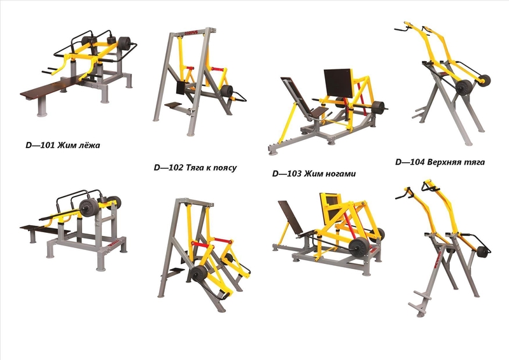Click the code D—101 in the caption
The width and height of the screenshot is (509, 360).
pyautogui.click(x=40, y=145)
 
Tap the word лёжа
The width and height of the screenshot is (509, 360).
pyautogui.click(x=87, y=144)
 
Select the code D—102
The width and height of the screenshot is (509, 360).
pyautogui.click(x=169, y=167)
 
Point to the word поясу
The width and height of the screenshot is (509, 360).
pyautogui.click(x=225, y=168)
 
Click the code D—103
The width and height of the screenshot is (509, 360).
pyautogui.click(x=287, y=174)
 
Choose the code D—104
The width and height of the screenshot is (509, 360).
pyautogui.click(x=410, y=162)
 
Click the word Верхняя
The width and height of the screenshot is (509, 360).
pyautogui.click(x=443, y=162)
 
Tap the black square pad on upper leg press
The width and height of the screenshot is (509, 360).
pyautogui.click(x=338, y=83)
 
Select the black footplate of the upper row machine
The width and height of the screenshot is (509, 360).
pyautogui.click(x=172, y=105)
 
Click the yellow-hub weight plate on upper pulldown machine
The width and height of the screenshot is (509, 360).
pyautogui.click(x=484, y=80)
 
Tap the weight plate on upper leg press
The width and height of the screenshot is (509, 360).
pyautogui.click(x=377, y=107)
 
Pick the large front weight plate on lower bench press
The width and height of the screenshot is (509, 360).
pyautogui.click(x=88, y=207)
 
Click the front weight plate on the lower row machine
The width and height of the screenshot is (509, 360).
pyautogui.click(x=199, y=274)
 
